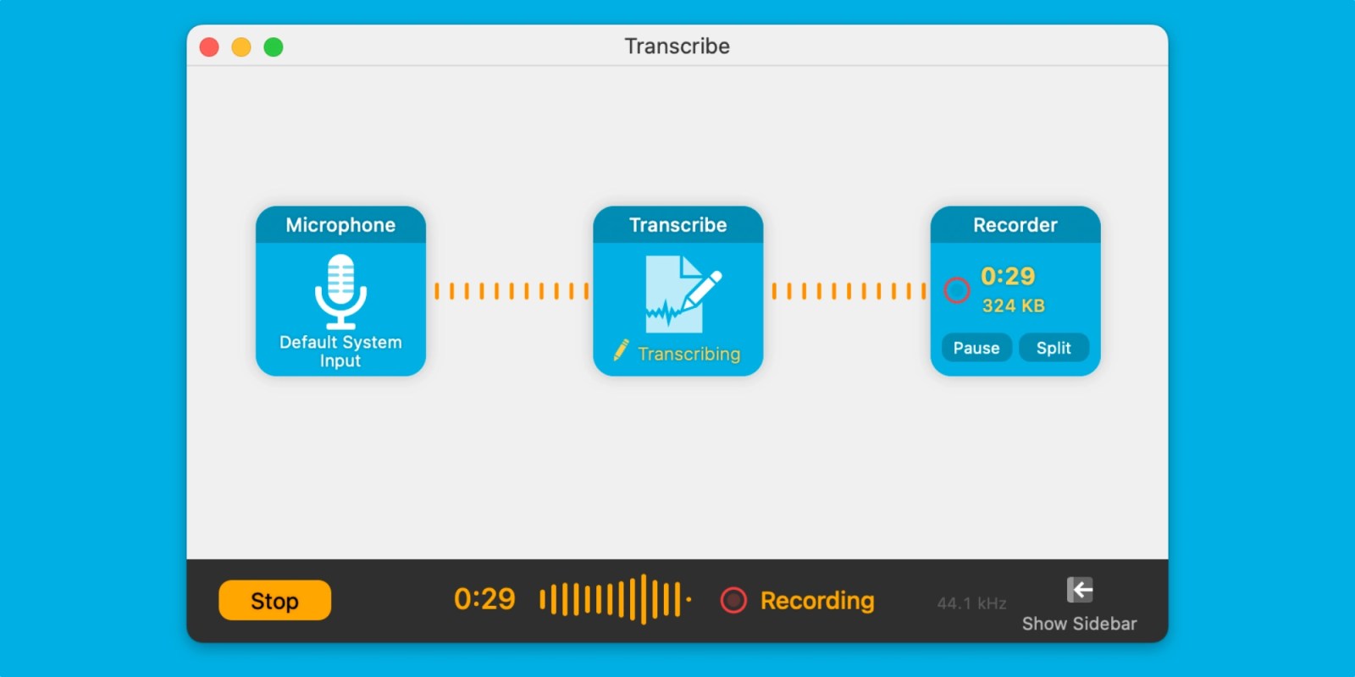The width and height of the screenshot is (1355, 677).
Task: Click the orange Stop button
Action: click(274, 600)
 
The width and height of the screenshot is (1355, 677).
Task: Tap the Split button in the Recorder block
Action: click(1054, 348)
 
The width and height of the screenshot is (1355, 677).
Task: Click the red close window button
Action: click(209, 47)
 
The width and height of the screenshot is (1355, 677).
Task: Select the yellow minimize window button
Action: click(241, 47)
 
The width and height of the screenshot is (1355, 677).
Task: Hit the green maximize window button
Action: click(274, 47)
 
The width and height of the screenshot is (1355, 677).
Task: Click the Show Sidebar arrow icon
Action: click(1080, 590)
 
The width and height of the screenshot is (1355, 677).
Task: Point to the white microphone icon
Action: click(340, 291)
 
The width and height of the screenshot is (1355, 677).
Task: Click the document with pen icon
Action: click(683, 294)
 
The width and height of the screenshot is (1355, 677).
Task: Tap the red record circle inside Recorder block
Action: click(957, 290)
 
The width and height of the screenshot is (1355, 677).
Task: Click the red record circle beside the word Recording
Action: click(733, 600)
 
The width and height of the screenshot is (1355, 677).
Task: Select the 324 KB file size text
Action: click(1013, 305)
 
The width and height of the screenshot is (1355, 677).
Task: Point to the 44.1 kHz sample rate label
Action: click(971, 603)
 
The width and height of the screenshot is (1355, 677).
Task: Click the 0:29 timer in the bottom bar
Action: click(484, 599)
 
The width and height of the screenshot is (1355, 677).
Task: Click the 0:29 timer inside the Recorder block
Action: click(1008, 276)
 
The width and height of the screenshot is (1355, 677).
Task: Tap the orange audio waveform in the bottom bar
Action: click(615, 599)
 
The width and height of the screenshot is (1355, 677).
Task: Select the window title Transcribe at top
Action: click(677, 46)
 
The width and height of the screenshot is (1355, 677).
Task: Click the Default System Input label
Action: click(340, 351)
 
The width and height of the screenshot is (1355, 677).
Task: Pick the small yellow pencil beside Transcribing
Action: click(622, 350)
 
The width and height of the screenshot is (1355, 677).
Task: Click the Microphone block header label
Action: click(340, 225)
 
